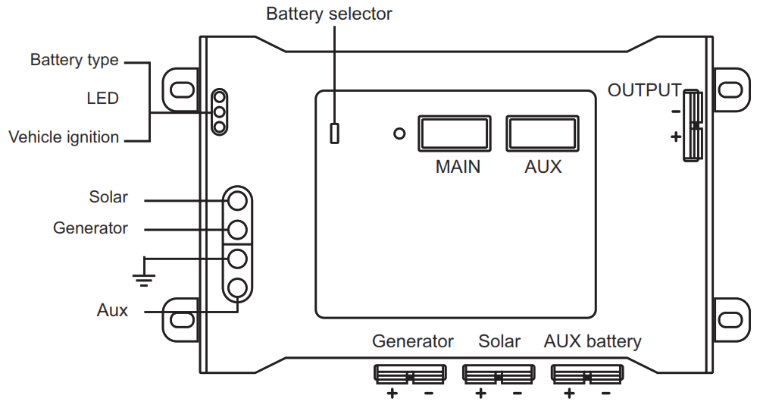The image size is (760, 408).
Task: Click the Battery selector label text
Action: [x=329, y=14]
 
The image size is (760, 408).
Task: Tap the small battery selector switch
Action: [x=334, y=133]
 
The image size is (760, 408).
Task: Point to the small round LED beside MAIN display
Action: [x=399, y=134]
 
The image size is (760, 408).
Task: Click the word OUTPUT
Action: [x=644, y=91]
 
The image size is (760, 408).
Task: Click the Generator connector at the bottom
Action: [x=409, y=374]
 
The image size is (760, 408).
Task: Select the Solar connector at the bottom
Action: [x=498, y=374]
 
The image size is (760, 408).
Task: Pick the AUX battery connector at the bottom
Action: [x=587, y=374]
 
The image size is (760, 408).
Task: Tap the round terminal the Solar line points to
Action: [x=238, y=201]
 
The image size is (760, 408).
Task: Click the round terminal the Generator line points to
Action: [x=238, y=229]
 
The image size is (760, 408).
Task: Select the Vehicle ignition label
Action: [x=64, y=137]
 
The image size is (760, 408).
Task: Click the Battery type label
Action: [x=74, y=60]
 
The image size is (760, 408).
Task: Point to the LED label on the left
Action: [x=102, y=99]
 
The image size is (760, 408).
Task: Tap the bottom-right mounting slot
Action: [x=730, y=319]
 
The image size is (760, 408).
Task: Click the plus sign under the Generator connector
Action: [x=393, y=394]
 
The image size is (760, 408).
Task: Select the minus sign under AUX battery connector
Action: [x=605, y=394]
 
